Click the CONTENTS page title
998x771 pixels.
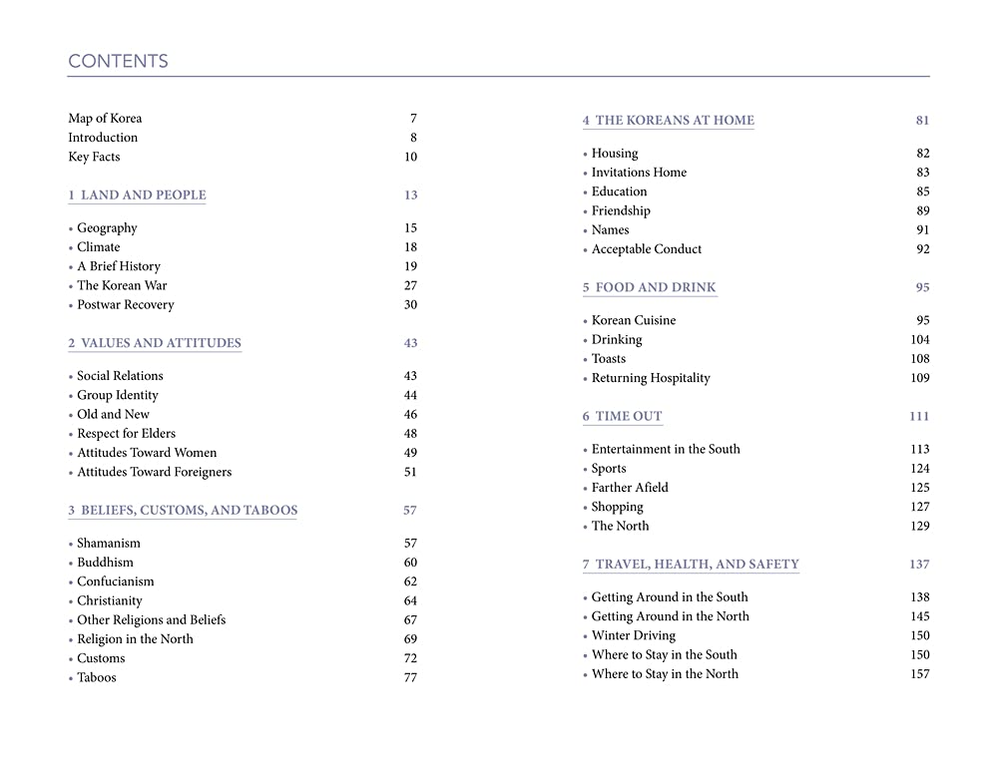pos(118,61)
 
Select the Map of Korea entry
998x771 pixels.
pos(105,119)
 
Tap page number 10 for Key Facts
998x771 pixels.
pos(410,158)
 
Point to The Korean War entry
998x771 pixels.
pos(122,286)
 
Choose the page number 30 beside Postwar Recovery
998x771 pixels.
pos(410,305)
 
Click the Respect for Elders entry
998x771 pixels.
pos(126,434)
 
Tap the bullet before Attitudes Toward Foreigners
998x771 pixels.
pos(71,473)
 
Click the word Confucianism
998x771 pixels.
pos(116,582)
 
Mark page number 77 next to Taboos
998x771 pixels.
pos(410,678)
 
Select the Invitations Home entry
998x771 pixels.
pos(639,173)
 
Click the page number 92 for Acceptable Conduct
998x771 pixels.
pos(922,249)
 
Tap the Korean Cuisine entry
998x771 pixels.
pos(634,321)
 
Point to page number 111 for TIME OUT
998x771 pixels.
pos(919,417)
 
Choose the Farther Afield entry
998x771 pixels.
pos(630,488)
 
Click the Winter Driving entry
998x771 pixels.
pos(633,636)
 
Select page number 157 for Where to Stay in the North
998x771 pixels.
pos(919,674)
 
